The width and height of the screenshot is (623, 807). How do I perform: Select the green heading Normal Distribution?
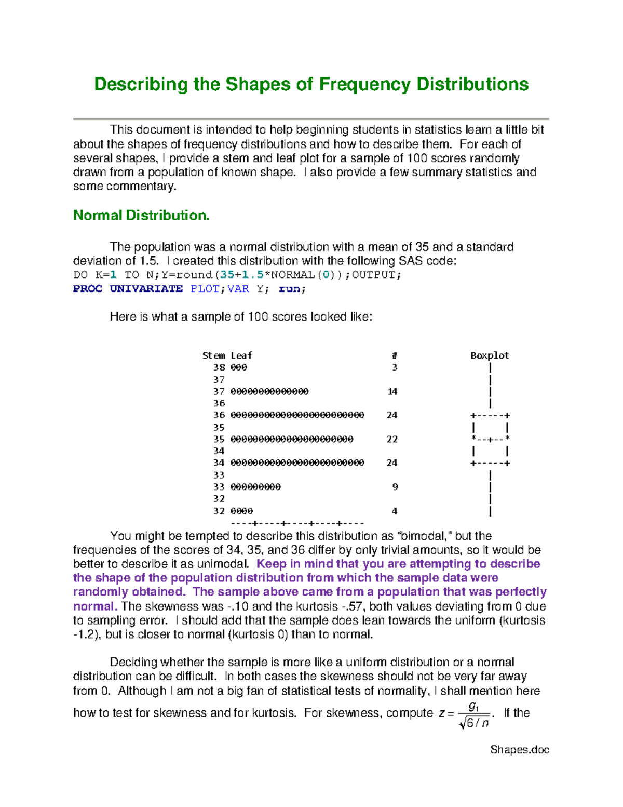pos(141,216)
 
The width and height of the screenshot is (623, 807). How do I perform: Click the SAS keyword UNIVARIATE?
pos(146,289)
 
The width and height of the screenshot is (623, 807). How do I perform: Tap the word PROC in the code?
pos(87,289)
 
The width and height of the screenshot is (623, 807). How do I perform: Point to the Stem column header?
pos(213,355)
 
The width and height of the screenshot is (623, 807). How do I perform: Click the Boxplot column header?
pos(490,355)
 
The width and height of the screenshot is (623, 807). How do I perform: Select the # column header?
pos(395,355)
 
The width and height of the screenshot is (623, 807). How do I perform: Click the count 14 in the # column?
pos(392,391)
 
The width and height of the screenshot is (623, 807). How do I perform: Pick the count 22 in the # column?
pos(392,439)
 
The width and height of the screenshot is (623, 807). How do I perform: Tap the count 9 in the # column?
pos(395,487)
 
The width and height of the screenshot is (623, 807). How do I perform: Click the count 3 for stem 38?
pos(395,367)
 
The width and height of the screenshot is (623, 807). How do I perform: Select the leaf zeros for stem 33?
pos(255,487)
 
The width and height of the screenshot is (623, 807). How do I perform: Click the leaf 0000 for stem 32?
pos(241,511)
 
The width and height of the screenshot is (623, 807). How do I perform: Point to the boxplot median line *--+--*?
pos(490,439)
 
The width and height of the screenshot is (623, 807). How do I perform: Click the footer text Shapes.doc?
pos(520,750)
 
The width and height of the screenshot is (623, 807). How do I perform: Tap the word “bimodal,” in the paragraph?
pos(425,536)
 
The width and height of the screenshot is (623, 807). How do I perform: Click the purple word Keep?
pos(271,564)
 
